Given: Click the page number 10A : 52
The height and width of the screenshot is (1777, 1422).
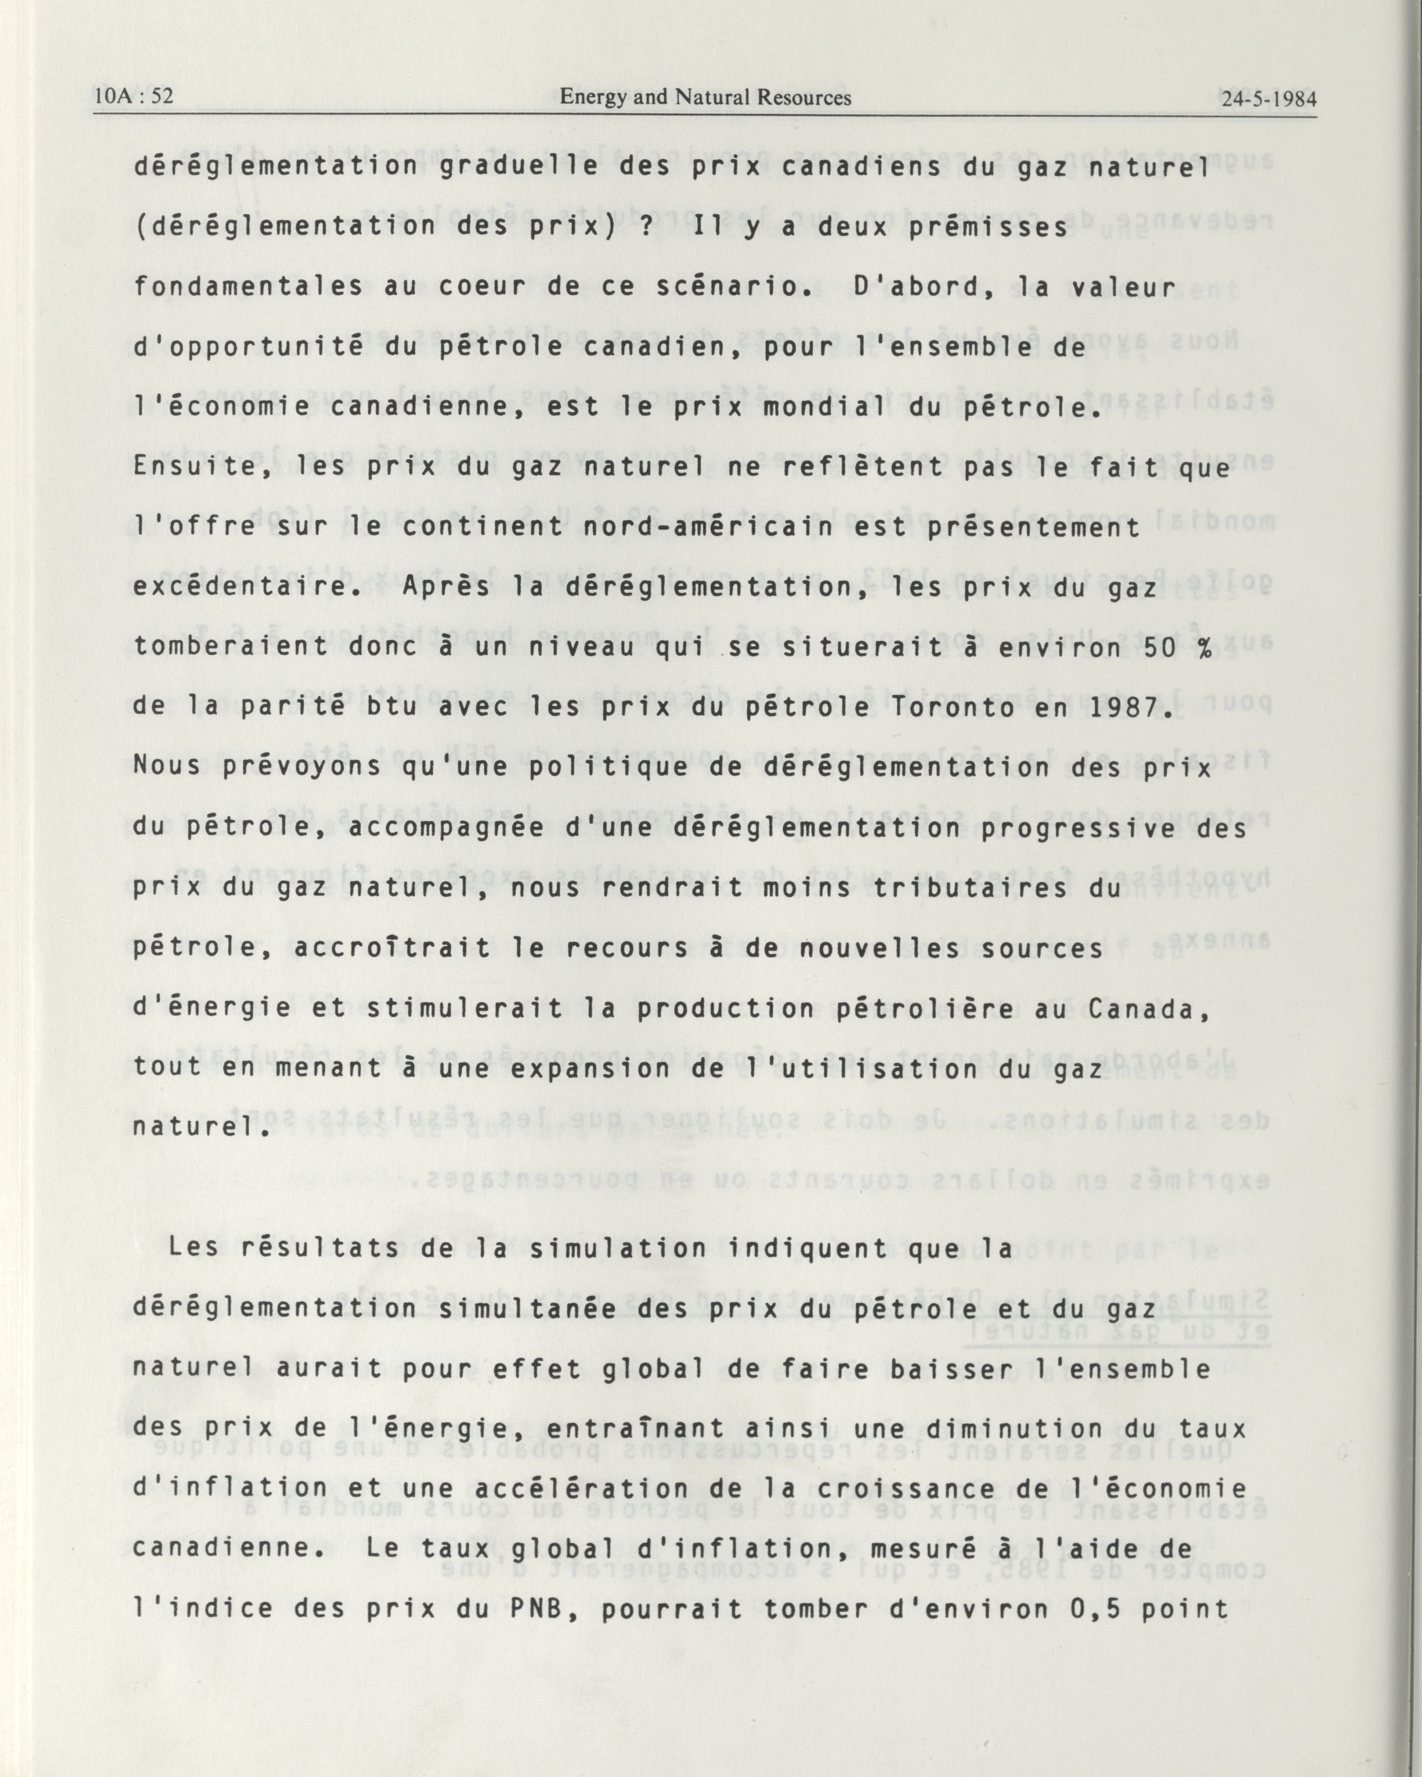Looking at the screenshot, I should pyautogui.click(x=134, y=96).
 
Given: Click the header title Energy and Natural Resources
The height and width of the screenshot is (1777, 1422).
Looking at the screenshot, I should pyautogui.click(x=705, y=97).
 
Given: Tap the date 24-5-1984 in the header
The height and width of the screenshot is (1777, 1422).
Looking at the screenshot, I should pyautogui.click(x=1270, y=99).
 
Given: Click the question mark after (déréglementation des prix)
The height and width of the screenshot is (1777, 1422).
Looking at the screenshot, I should pyautogui.click(x=644, y=227).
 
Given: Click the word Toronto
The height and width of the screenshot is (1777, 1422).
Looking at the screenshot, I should pyautogui.click(x=936, y=708).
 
